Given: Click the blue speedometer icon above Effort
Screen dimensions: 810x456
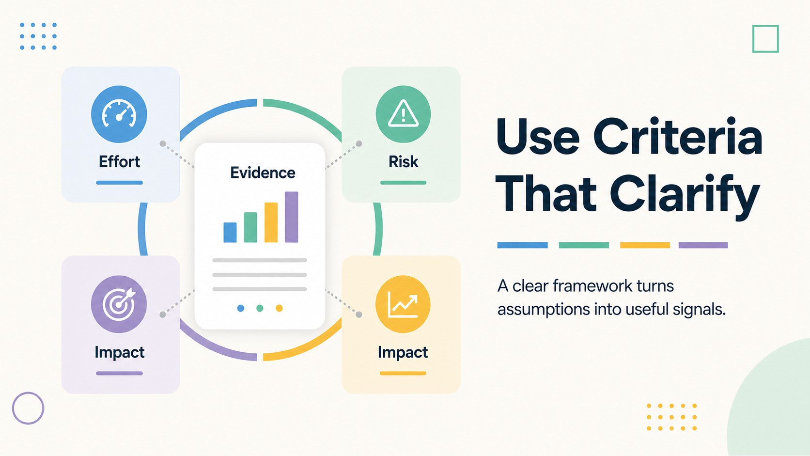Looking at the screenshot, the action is click(119, 114).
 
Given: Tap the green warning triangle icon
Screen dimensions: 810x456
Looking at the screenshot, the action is click(403, 114).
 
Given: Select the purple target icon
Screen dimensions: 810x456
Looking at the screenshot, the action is click(119, 304).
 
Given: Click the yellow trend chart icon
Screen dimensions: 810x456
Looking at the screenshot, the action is click(403, 304).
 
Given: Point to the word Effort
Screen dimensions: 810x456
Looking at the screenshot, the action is click(119, 162).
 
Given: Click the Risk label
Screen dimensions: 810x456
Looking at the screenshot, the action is click(403, 162).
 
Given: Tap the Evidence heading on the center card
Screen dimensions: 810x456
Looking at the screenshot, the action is click(263, 173).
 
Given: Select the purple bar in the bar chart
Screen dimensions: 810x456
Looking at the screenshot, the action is click(292, 217).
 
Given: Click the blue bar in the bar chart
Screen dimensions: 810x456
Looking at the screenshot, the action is click(230, 232).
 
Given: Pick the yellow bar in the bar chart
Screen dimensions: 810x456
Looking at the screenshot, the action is click(271, 222).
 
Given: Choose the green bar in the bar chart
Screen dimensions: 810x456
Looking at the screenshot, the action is click(250, 227).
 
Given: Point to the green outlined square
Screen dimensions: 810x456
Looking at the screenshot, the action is click(765, 39).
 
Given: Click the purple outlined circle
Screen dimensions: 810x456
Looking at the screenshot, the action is click(28, 408).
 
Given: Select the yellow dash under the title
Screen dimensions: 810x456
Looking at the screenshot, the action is click(645, 245).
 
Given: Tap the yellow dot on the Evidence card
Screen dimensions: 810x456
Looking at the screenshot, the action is click(279, 308).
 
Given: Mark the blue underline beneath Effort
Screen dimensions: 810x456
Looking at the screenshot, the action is click(119, 183).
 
